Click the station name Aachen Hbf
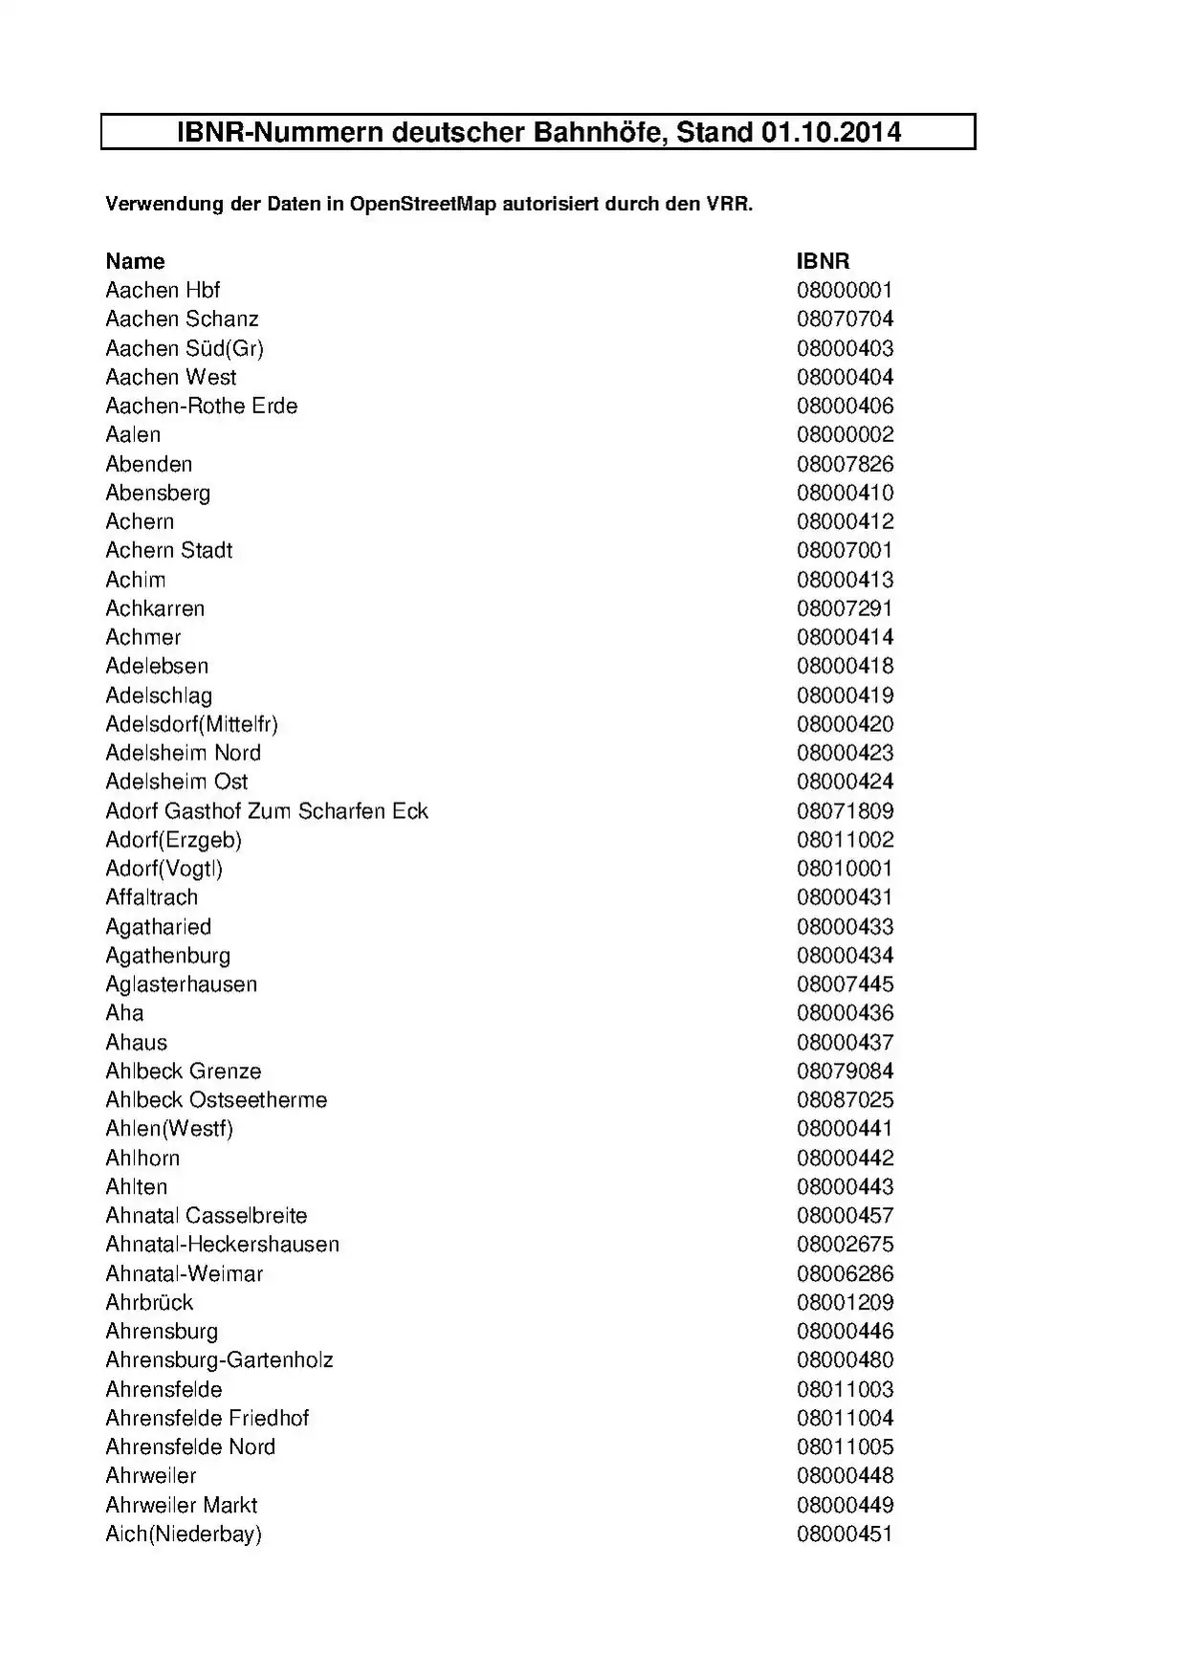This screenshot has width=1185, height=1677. tap(163, 290)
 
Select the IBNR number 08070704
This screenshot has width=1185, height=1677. tap(845, 319)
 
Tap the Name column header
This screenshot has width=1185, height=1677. tap(135, 261)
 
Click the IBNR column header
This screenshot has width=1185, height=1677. tap(823, 261)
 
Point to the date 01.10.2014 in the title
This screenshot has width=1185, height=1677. tap(831, 132)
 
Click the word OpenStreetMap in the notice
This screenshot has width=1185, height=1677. tap(423, 204)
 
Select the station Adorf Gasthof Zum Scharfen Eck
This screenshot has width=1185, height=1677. tap(267, 811)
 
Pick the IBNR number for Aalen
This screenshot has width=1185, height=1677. tap(845, 434)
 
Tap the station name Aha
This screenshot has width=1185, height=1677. tap(124, 1013)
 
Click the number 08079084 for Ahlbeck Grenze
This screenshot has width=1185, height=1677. tap(845, 1070)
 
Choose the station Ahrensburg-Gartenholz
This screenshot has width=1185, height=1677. tap(219, 1359)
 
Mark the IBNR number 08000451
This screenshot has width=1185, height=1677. tap(845, 1534)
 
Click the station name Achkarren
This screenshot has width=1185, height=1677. tap(155, 608)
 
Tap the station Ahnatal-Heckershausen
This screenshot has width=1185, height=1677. tap(222, 1244)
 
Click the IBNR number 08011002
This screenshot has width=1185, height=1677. tap(845, 840)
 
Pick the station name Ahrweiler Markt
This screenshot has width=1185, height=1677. tap(181, 1505)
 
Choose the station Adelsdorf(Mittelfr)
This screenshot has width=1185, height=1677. tap(191, 724)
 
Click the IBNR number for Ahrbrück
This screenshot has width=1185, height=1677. tap(845, 1302)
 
